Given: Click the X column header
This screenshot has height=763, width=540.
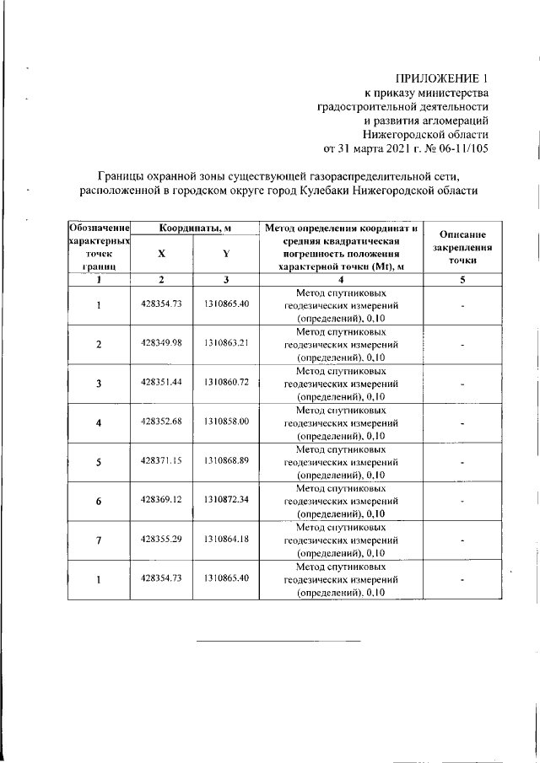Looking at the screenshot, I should tap(161, 254).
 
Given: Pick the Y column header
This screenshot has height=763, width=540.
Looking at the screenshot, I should tap(225, 254).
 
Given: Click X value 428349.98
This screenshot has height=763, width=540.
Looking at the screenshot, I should tap(161, 345).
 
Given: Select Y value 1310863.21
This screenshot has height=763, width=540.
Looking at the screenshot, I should tap(225, 345).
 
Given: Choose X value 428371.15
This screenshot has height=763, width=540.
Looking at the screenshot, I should tap(161, 462).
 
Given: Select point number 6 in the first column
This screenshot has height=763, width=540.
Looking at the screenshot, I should tap(99, 502).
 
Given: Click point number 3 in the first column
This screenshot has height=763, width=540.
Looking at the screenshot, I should tap(99, 384).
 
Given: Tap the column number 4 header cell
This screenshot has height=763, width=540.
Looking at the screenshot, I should tap(340, 280).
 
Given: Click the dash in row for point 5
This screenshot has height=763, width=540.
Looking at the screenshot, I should tap(463, 462).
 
